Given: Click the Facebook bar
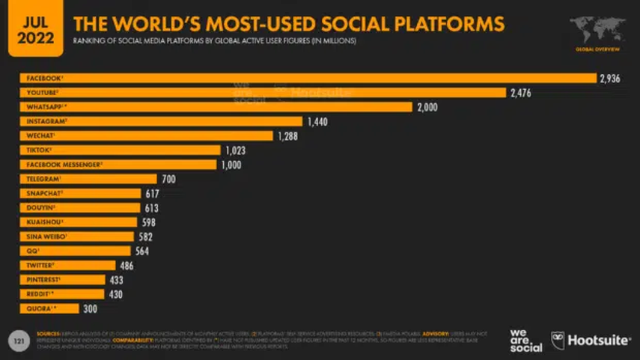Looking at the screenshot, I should click(x=307, y=78).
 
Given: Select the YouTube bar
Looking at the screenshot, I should click(x=262, y=92).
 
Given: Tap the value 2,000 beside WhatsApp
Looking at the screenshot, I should click(x=427, y=107).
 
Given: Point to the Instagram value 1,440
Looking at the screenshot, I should click(x=317, y=121).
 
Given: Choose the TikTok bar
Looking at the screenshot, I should click(x=120, y=150).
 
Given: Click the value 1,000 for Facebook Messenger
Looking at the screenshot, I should click(x=231, y=165).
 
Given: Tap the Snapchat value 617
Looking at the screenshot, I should click(x=152, y=193).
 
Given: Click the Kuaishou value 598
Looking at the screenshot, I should click(x=149, y=222).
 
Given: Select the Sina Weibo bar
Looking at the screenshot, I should click(x=78, y=237).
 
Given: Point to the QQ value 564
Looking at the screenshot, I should click(x=142, y=251).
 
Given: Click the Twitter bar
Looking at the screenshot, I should click(x=67, y=265).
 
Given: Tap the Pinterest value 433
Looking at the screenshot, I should click(x=117, y=280).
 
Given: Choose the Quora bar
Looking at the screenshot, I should click(x=49, y=308).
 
